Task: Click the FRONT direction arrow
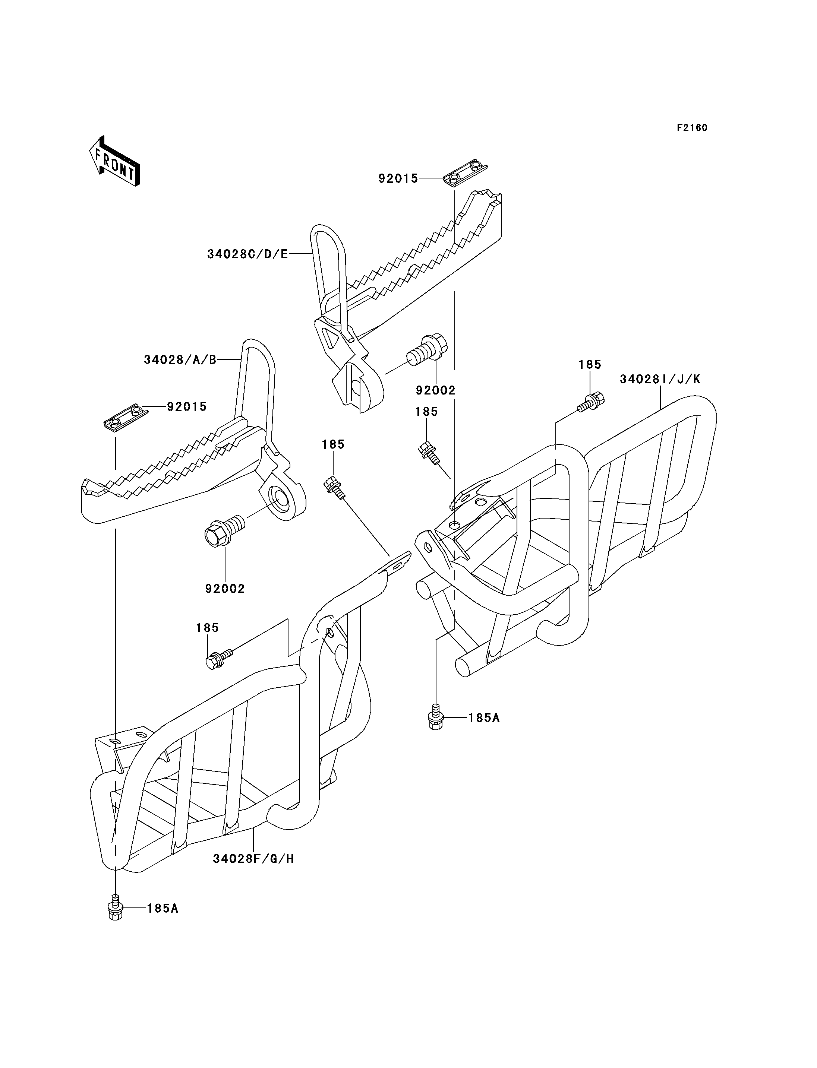[x=115, y=161]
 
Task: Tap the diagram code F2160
[x=692, y=128]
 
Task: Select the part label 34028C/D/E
[x=247, y=254]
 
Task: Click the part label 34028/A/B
[x=180, y=360]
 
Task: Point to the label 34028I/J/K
[x=660, y=379]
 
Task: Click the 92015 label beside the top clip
[x=398, y=179]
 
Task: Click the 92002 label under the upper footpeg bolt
[x=436, y=390]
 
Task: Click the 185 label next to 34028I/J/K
[x=590, y=365]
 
